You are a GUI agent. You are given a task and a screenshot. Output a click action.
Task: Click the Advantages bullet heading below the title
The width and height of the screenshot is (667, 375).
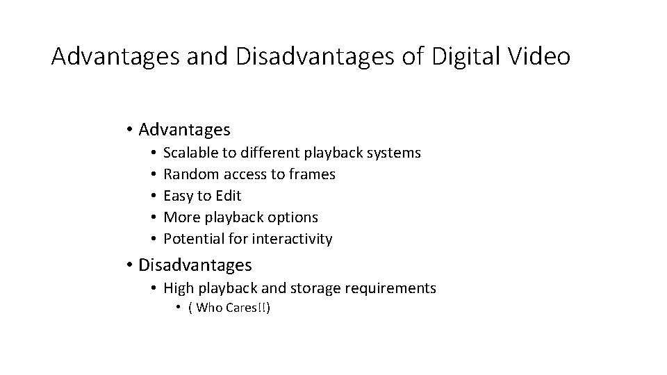[184, 129]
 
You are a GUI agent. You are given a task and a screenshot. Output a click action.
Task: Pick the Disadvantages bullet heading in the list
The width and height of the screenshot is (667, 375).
[195, 265]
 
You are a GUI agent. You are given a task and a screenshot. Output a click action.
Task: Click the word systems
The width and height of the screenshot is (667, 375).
[394, 152]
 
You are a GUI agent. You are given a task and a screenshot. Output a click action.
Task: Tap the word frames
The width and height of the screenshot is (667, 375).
[313, 174]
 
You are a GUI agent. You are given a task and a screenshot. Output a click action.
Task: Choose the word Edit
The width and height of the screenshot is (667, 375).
[229, 196]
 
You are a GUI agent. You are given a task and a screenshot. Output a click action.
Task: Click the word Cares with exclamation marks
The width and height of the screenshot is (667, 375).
[245, 308]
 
